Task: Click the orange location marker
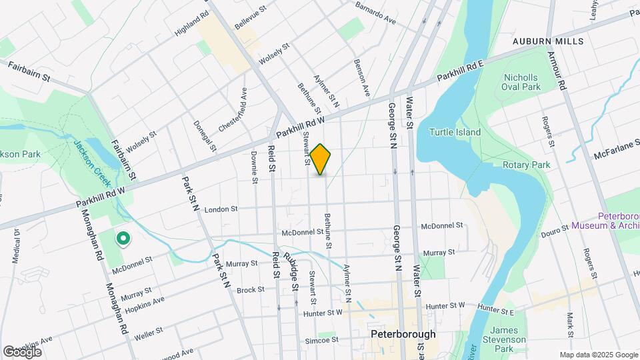[x=321, y=159]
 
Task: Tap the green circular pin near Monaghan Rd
[x=123, y=238]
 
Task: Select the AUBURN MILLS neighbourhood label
[x=548, y=41]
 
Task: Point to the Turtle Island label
[x=455, y=132]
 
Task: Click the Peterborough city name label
[x=403, y=334]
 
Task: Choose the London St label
[x=221, y=209]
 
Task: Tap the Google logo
[x=22, y=351]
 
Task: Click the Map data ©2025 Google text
[x=598, y=355]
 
